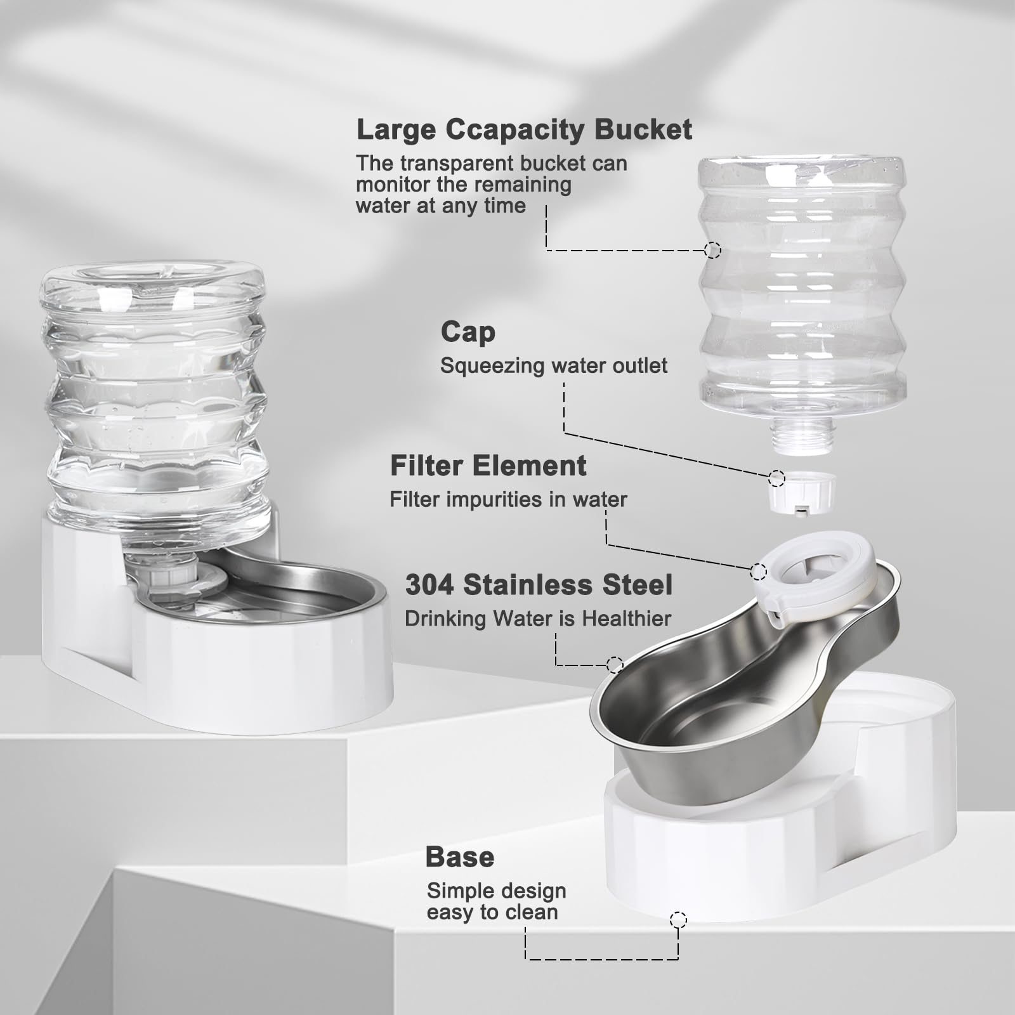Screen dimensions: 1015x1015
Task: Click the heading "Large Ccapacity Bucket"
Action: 524,130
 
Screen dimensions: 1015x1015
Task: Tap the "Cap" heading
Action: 468,332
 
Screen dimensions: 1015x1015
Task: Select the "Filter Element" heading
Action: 488,466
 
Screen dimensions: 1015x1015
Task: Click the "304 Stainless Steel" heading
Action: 539,585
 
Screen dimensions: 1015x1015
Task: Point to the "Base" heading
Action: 460,857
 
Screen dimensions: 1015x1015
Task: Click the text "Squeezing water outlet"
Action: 554,366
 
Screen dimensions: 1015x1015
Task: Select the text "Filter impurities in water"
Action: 508,499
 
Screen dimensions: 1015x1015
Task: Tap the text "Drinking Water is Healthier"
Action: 538,619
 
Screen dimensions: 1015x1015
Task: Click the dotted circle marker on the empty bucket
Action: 712,250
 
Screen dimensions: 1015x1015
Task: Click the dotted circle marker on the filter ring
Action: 758,571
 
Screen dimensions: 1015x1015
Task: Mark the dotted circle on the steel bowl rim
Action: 614,665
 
